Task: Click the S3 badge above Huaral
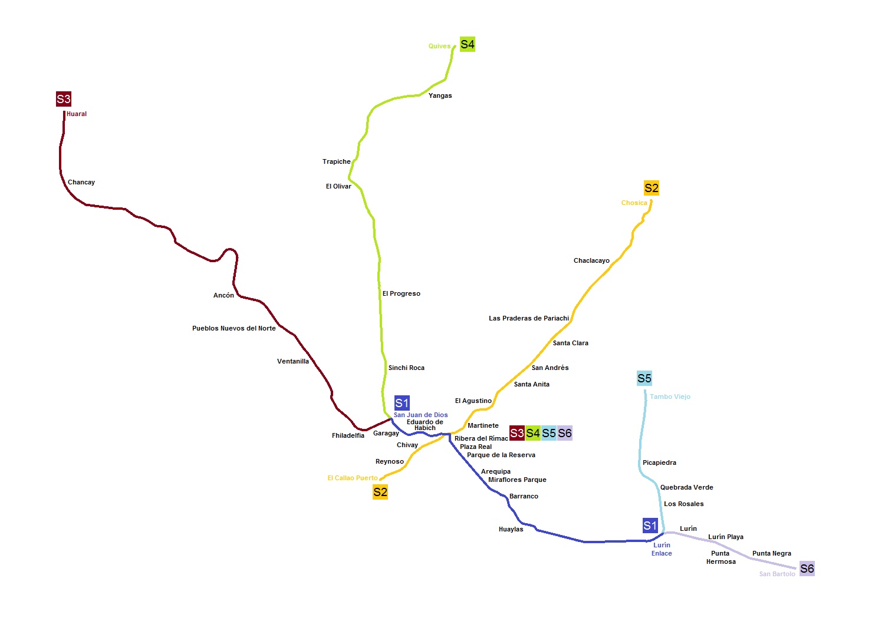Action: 64,99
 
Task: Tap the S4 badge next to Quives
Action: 468,44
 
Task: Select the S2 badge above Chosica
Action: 652,188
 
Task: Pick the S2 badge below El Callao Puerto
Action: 380,492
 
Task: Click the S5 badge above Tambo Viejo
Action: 644,378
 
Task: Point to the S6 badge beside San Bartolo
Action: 807,569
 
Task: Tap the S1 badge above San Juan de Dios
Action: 402,403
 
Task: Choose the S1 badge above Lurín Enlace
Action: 650,526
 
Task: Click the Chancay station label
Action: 81,182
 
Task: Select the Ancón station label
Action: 223,295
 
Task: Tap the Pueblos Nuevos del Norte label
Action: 234,328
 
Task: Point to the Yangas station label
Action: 440,95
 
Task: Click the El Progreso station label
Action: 402,293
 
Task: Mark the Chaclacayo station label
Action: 591,260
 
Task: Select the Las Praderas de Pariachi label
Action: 529,318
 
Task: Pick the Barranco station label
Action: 524,496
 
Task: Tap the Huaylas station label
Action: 511,529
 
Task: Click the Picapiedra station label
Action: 659,462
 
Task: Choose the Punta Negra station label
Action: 772,553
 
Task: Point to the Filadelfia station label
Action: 348,435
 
